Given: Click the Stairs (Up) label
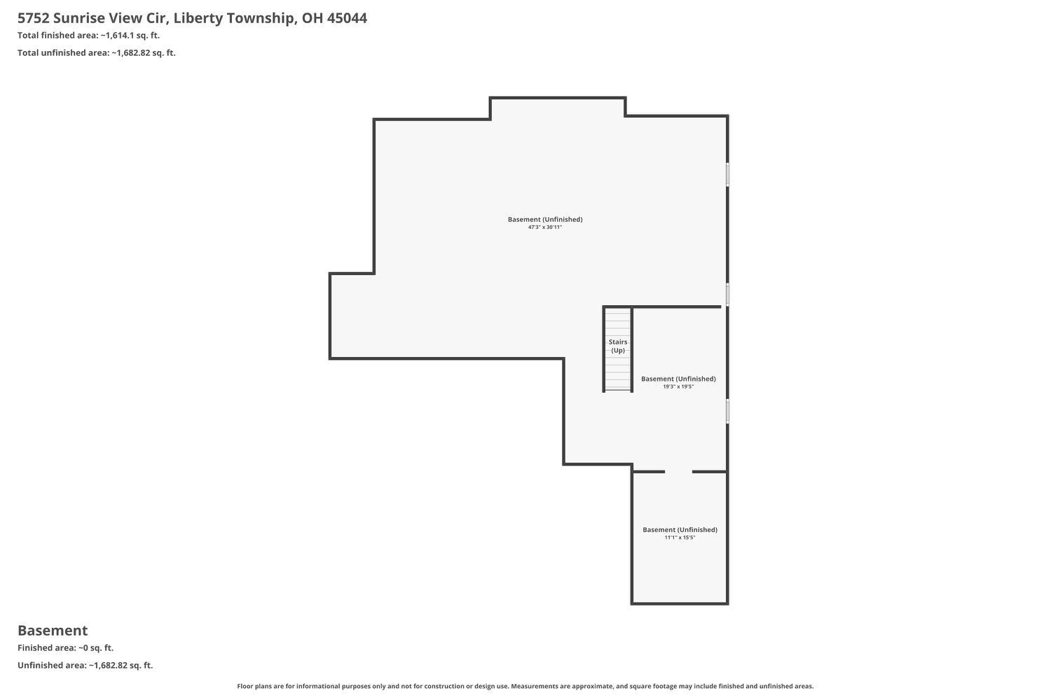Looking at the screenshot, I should [618, 346].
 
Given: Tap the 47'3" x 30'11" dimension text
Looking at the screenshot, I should [545, 227].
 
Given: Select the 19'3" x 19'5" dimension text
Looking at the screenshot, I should [678, 386].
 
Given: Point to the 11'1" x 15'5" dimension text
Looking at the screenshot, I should [680, 538].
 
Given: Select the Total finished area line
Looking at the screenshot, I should [88, 35].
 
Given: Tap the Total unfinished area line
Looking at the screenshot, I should [97, 52].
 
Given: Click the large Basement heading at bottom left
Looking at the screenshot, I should [53, 630].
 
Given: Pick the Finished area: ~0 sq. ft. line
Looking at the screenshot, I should [65, 647].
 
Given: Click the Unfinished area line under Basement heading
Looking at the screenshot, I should [85, 665].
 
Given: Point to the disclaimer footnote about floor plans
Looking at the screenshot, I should [525, 686].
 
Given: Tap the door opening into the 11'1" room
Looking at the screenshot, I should [678, 472].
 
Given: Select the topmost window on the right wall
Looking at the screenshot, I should [728, 174].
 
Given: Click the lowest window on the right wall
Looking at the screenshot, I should [728, 411].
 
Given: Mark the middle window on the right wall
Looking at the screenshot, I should [728, 295].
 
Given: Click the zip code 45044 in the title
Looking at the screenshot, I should [347, 18].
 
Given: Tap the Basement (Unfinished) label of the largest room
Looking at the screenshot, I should [545, 219].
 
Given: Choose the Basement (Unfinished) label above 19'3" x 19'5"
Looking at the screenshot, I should [678, 379].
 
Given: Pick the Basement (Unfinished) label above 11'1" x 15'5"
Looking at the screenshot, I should [680, 530].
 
